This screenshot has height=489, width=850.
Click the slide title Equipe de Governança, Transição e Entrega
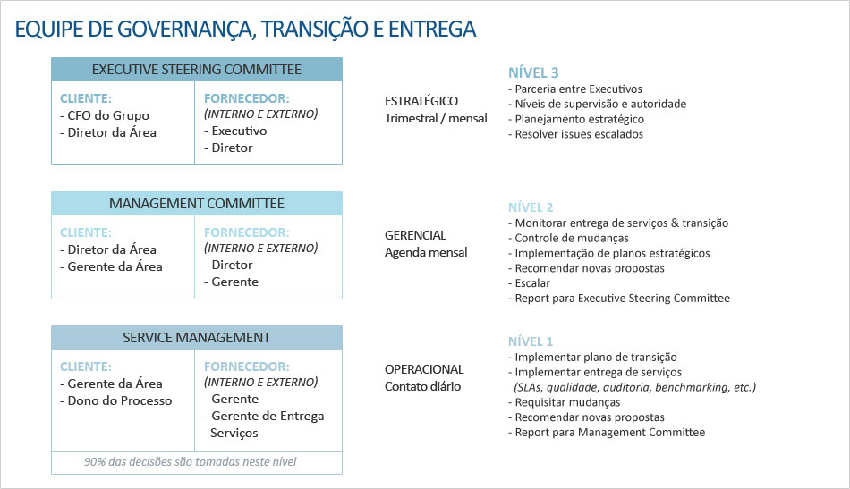click(x=245, y=30)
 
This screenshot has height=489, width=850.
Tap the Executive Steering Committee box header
click(x=197, y=70)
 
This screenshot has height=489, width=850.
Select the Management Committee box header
click(x=197, y=204)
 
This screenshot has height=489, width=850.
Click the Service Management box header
click(x=197, y=337)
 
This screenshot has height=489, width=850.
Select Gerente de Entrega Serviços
click(x=264, y=424)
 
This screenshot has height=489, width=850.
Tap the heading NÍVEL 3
click(x=533, y=72)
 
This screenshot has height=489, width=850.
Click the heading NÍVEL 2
click(x=531, y=207)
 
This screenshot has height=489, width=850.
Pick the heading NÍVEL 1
click(x=531, y=341)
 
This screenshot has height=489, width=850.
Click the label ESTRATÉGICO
click(x=421, y=101)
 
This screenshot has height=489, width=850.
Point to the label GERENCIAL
click(x=415, y=235)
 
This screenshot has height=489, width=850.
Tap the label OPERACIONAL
click(x=424, y=369)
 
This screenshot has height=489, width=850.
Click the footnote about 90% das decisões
click(x=191, y=462)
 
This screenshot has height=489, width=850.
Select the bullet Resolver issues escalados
click(x=575, y=134)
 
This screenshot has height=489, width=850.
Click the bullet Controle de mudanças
click(x=569, y=239)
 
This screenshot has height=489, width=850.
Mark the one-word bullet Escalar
click(x=529, y=283)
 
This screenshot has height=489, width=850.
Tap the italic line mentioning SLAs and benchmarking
click(x=634, y=387)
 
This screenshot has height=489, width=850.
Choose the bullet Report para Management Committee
click(x=607, y=432)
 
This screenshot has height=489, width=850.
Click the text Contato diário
click(x=423, y=387)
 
